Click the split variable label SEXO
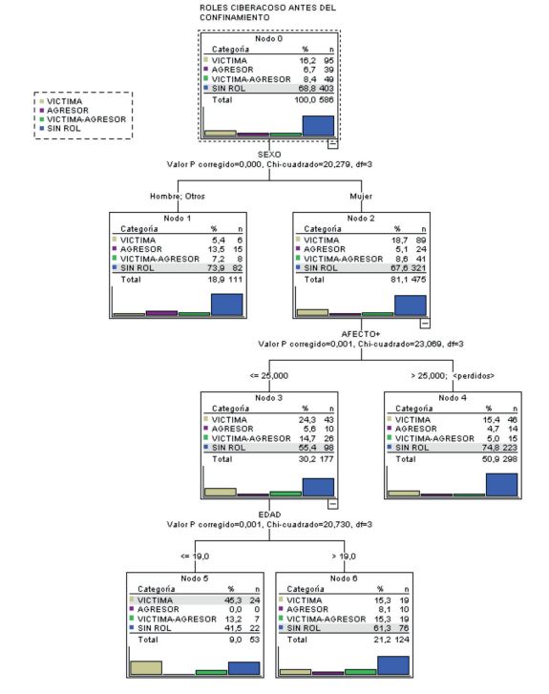coord(270,155)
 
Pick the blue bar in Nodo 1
coord(226,304)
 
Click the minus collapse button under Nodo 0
coord(331,144)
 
